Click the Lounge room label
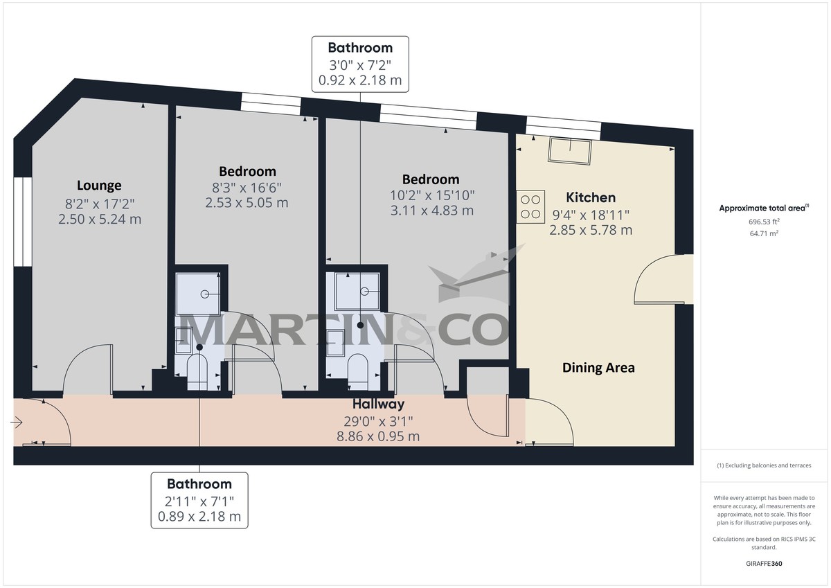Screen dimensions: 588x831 pyautogui.click(x=99, y=186)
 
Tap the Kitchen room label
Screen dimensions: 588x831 pyautogui.click(x=590, y=197)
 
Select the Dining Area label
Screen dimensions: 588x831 pyautogui.click(x=598, y=368)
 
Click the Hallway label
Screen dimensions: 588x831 pyautogui.click(x=378, y=404)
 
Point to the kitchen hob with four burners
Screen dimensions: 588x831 pyautogui.click(x=530, y=206)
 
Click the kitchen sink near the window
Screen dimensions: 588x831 pyautogui.click(x=571, y=150)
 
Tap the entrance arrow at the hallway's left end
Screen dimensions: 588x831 pyautogui.click(x=17, y=422)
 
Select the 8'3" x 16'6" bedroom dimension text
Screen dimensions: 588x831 pyautogui.click(x=247, y=188)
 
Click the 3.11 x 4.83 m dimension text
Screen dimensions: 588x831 pyautogui.click(x=431, y=211)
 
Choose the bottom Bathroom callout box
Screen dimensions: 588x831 pyautogui.click(x=199, y=500)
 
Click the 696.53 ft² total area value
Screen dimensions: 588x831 pyautogui.click(x=764, y=222)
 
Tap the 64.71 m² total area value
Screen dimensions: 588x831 pyautogui.click(x=764, y=234)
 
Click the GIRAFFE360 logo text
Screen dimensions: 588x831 pyautogui.click(x=764, y=564)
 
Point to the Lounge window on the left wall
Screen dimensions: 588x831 pyautogui.click(x=22, y=222)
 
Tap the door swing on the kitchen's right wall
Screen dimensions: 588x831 pyautogui.click(x=661, y=279)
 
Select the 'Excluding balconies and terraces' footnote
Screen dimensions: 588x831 pyautogui.click(x=764, y=466)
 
